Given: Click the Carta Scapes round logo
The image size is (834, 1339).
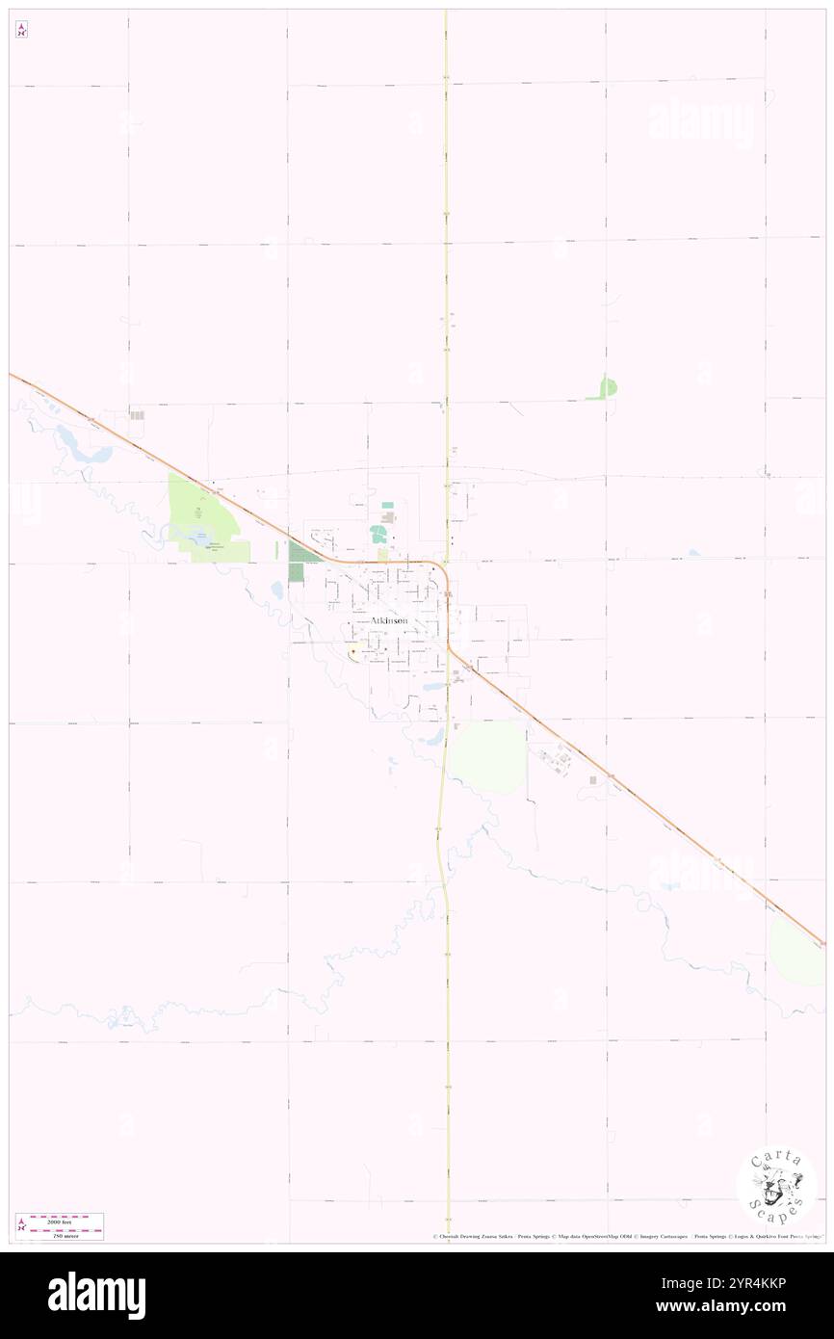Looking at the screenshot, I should click(776, 1185).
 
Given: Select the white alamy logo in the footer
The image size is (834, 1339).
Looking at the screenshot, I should click(97, 1296).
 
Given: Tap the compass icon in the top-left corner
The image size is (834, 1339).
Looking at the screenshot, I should click(21, 30).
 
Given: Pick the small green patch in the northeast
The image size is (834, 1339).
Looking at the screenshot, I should click(608, 387).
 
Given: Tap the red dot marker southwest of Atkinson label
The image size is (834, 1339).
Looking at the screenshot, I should click(353, 652).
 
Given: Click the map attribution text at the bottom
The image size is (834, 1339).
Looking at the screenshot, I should click(626, 1236).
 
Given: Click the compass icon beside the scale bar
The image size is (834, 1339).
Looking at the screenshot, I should click(21, 1225).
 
